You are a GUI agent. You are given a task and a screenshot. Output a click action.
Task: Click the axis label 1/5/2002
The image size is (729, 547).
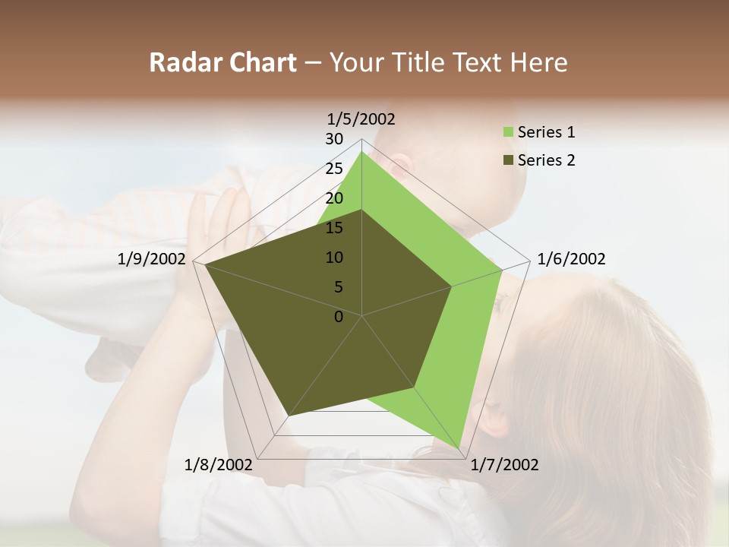[x=361, y=119]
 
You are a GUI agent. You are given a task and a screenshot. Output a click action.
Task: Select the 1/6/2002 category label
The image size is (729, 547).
[x=571, y=259]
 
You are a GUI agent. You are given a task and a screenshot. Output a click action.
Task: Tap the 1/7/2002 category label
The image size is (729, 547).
[x=504, y=465]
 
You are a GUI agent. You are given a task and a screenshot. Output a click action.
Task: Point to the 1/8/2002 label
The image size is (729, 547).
[x=219, y=465]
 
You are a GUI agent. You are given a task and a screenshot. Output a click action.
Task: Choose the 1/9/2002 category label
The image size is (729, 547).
[x=152, y=259]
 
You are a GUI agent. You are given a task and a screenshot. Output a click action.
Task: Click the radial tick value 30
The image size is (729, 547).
[x=334, y=139]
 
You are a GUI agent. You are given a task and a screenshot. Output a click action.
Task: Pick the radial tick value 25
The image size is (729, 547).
[x=334, y=169]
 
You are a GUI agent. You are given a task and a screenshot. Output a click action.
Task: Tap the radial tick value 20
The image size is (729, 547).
[x=334, y=198]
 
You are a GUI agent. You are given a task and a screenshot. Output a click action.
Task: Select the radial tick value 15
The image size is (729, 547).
[x=334, y=228]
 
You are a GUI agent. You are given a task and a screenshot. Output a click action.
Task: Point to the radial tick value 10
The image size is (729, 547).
[x=334, y=258]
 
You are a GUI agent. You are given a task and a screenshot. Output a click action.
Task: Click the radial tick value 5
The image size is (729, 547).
[x=339, y=287]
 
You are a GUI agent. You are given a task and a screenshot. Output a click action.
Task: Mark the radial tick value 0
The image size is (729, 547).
[x=339, y=317]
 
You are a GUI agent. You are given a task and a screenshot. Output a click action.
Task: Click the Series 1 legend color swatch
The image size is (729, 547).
[x=508, y=133]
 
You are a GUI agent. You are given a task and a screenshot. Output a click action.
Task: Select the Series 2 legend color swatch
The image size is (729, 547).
[x=508, y=160]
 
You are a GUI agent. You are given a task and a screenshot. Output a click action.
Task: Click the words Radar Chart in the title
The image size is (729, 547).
[x=222, y=62]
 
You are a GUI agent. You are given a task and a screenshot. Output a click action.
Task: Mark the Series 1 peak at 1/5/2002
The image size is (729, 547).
[x=362, y=152]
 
